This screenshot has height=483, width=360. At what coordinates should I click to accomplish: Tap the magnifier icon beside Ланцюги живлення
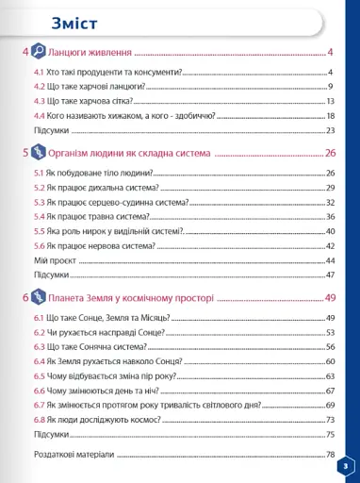point(39,53)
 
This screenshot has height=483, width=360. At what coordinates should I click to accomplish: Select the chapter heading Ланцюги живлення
point(90,54)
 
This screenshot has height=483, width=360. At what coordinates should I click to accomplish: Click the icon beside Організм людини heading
point(39,152)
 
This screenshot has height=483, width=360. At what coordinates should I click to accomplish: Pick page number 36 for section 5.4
point(331,216)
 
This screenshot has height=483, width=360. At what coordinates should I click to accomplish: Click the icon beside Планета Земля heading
point(39,298)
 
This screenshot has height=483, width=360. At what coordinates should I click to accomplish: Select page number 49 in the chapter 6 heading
point(330,298)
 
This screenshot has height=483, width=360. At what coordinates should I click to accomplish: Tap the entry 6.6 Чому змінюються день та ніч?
point(94,390)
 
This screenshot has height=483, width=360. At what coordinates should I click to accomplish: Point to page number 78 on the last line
point(331,454)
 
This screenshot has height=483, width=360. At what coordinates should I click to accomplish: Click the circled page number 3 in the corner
point(346,465)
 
